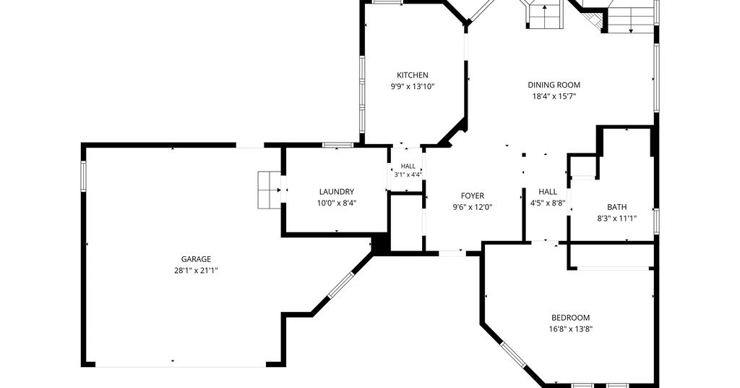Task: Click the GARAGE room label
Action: tap(196, 259)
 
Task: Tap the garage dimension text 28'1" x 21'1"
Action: tap(196, 271)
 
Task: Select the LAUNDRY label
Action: tap(337, 192)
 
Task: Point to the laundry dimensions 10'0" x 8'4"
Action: tap(337, 203)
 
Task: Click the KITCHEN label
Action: tap(413, 75)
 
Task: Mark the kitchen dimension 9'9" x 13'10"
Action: tap(413, 86)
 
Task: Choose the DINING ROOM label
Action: tap(554, 85)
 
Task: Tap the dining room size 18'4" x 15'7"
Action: tap(554, 96)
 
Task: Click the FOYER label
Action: tap(473, 195)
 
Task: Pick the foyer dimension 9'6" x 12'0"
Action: tap(473, 207)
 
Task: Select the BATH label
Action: tap(617, 207)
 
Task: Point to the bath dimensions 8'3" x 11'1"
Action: tap(617, 219)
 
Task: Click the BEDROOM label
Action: tap(571, 318)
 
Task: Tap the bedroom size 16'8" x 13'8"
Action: tap(571, 329)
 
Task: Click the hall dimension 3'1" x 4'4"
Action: tap(408, 174)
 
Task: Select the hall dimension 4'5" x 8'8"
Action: tap(548, 203)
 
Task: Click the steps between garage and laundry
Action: tap(270, 190)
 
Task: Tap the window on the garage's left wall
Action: tap(84, 177)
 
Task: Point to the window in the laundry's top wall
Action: tap(338, 145)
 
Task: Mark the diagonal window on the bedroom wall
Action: tap(513, 355)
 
